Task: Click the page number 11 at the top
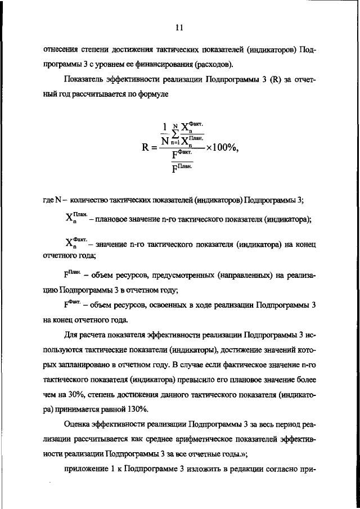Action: [179, 27]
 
